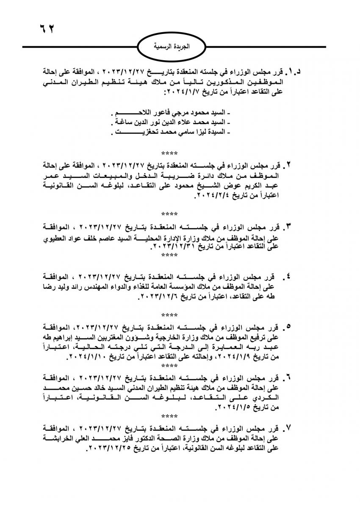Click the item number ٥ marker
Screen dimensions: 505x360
(x=289, y=327)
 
